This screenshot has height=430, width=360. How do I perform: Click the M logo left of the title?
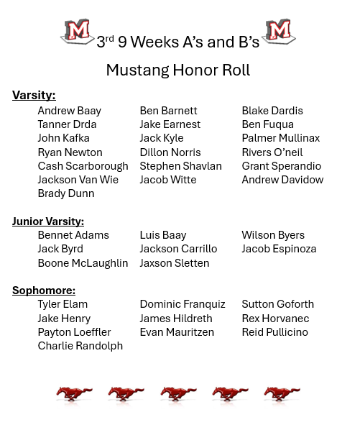point(78,32)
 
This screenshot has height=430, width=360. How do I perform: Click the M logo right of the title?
point(280,32)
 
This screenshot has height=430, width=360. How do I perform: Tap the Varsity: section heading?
point(34,95)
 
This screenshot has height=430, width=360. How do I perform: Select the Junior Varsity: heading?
point(48,221)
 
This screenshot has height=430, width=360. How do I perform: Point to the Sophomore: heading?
point(44,290)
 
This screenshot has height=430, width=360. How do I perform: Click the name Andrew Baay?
point(69,111)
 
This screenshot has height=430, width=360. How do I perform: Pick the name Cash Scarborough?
point(83,165)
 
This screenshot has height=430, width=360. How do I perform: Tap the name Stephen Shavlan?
point(180,165)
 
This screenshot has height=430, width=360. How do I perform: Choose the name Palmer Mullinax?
point(280,138)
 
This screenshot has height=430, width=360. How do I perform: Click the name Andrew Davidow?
point(282,180)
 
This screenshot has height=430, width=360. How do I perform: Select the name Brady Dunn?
point(65,193)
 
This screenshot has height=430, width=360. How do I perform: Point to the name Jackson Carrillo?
point(178,249)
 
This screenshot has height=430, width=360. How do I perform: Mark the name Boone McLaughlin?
point(83,263)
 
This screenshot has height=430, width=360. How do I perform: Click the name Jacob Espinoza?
point(279,249)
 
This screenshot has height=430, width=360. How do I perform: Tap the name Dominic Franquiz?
point(183,304)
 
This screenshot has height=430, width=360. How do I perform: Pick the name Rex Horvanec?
point(275,318)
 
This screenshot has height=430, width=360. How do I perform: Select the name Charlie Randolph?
point(80,346)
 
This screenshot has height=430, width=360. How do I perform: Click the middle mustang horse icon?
point(178,394)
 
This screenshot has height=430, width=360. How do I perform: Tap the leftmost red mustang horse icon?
point(74,394)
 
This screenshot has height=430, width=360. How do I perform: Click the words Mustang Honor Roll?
point(178,70)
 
